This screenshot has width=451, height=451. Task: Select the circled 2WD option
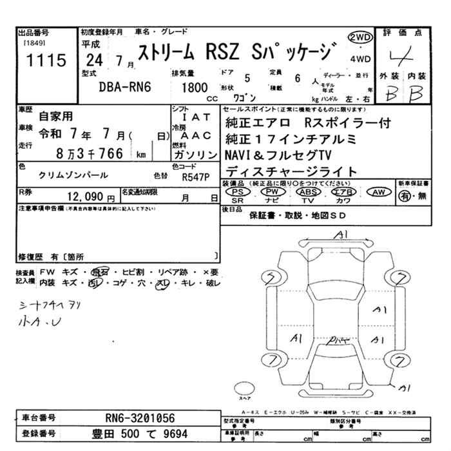coord(360,37)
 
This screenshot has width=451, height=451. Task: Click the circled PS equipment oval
coord(239,193)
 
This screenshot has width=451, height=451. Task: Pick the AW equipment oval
coord(378,193)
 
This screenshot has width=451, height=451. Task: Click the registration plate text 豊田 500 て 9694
coord(140,434)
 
